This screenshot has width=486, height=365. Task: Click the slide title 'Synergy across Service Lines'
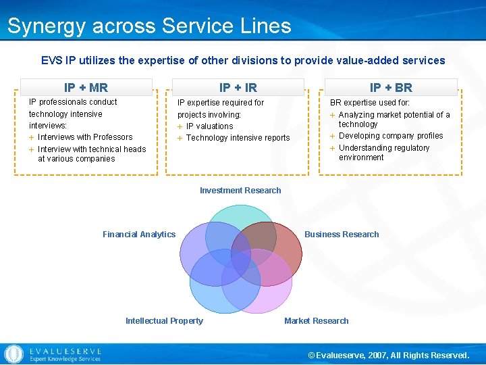tap(149, 26)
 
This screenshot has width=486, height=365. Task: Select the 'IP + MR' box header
tap(86, 87)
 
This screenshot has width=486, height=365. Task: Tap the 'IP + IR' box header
tap(238, 87)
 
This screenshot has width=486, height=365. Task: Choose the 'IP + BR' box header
tap(391, 87)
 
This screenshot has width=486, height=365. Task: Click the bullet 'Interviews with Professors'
tap(85, 137)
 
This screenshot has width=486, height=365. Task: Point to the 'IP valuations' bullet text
tap(209, 126)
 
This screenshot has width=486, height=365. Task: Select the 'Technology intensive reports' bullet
tap(238, 138)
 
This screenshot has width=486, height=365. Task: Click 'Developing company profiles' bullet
tap(391, 136)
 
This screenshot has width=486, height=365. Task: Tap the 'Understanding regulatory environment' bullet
tap(383, 152)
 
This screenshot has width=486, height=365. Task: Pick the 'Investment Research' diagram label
tap(240, 191)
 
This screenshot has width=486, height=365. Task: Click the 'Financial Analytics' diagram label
tap(139, 235)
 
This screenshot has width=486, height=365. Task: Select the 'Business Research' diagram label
tap(342, 235)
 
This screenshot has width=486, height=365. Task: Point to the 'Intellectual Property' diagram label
tap(164, 321)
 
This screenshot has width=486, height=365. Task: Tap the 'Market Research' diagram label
tap(317, 321)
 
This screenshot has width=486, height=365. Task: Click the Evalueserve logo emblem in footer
tap(13, 354)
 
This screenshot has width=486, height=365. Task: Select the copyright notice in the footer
tap(388, 356)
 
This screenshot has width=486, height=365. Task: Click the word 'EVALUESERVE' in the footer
tap(65, 351)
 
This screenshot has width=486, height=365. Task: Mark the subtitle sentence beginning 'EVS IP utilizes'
tap(243, 60)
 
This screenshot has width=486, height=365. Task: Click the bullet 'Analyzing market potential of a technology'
tap(394, 119)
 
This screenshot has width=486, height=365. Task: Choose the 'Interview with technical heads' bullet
tap(91, 154)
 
